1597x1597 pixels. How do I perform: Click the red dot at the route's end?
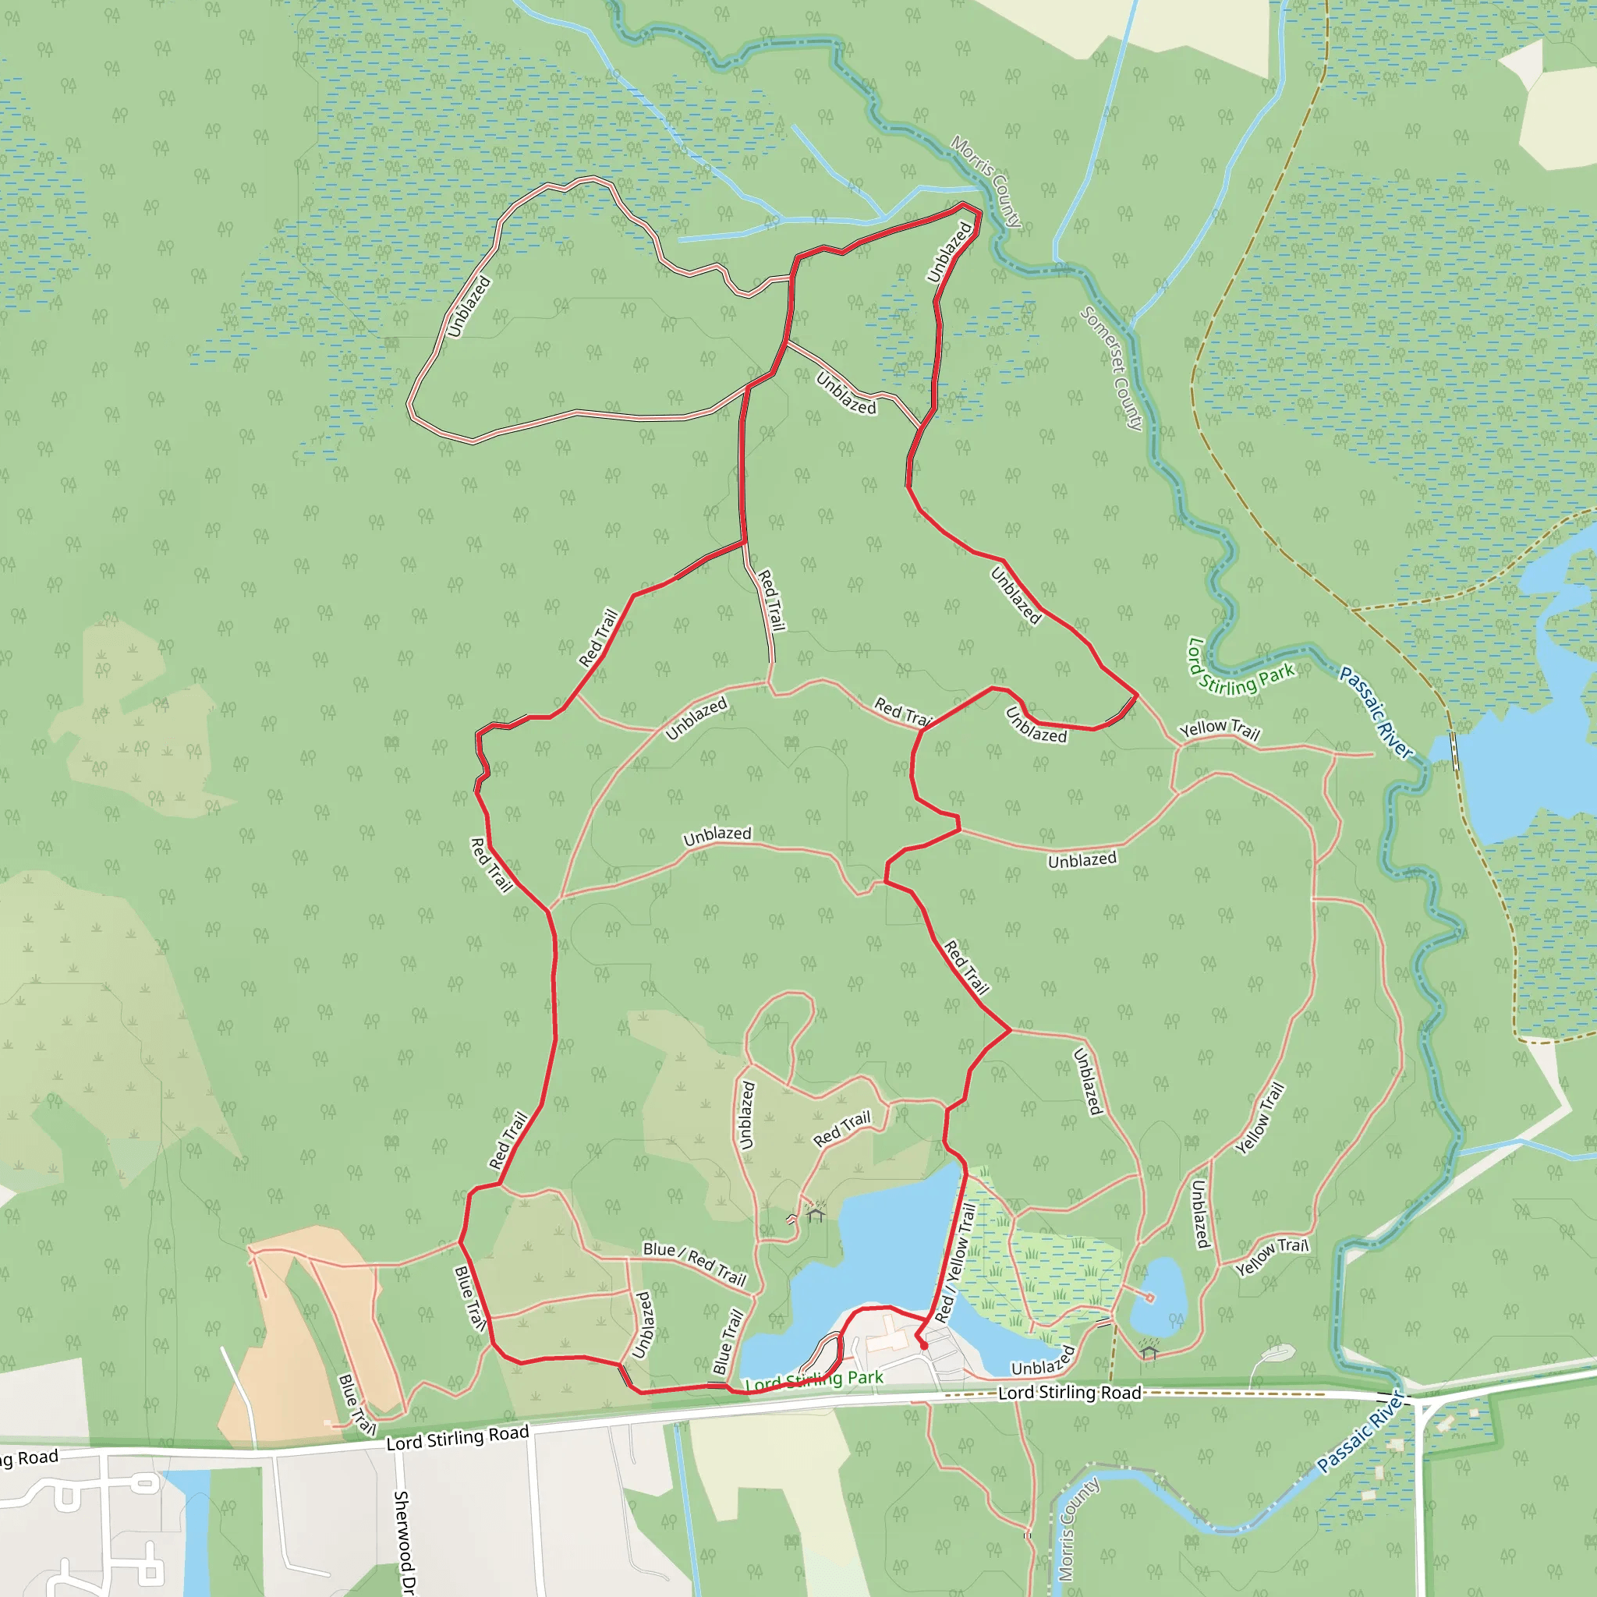pyautogui.click(x=924, y=1346)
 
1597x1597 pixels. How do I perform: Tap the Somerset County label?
pyautogui.click(x=1113, y=369)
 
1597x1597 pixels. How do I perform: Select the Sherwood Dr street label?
pyautogui.click(x=402, y=1542)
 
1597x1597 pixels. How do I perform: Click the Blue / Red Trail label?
pyautogui.click(x=694, y=1265)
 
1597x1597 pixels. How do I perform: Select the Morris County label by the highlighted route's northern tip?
pyautogui.click(x=986, y=181)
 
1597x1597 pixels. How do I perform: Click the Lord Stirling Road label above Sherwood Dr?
pyautogui.click(x=457, y=1437)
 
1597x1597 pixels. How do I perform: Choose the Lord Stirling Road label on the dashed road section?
pyautogui.click(x=1070, y=1393)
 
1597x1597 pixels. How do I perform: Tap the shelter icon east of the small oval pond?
pyautogui.click(x=1149, y=1352)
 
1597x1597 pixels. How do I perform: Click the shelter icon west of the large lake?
pyautogui.click(x=816, y=1214)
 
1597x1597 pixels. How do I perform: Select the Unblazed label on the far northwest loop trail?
pyautogui.click(x=469, y=307)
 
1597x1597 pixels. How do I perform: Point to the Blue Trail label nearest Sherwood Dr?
pyautogui.click(x=357, y=1404)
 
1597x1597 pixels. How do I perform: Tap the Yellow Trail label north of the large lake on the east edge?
pyautogui.click(x=1220, y=730)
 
